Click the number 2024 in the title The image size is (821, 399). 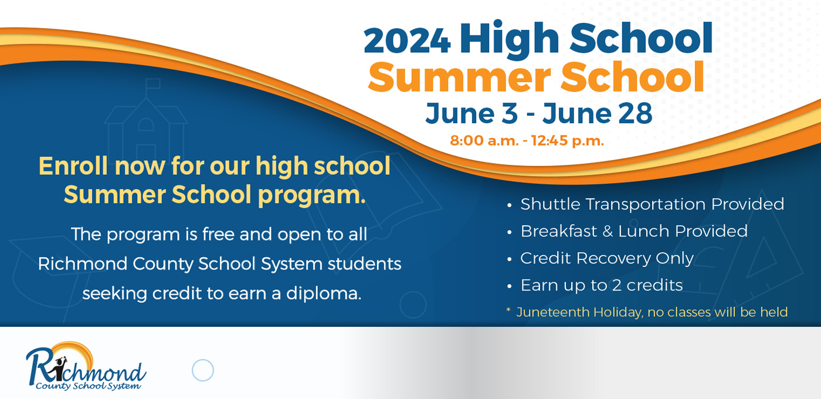pos(407,41)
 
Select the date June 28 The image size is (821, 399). pos(598,113)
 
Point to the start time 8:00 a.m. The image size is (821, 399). pos(484,140)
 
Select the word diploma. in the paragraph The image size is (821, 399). pos(324,294)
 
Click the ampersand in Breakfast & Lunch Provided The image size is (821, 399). pos(608,231)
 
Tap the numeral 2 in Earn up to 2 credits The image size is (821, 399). pos(616,286)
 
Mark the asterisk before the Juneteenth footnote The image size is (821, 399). pos(508,310)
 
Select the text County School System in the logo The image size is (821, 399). pos(88,386)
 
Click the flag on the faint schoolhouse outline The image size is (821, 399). pos(153,83)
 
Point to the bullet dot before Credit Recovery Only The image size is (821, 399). pos(510,259)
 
